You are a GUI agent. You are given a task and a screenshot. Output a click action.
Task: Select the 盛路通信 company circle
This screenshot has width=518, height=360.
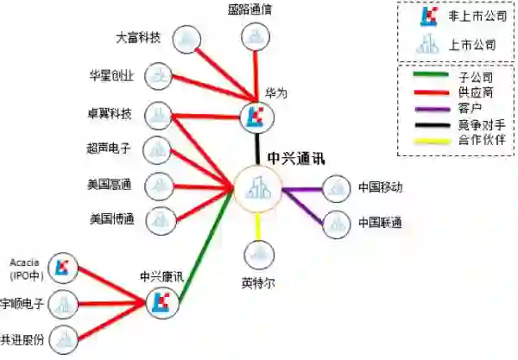coord(256,37)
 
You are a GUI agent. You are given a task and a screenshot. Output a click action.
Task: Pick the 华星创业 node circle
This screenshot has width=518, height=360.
coord(158,76)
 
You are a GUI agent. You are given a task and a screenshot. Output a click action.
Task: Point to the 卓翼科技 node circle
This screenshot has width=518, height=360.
coord(157,113)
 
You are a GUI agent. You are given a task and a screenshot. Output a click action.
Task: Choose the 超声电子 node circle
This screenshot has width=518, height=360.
coord(157,149)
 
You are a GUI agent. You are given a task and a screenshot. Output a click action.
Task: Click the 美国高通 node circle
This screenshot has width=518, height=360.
coord(158,184)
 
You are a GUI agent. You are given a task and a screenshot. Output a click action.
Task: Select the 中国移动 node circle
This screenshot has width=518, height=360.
coord(336,188)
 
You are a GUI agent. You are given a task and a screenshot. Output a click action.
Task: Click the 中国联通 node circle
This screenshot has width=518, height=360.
coord(336,224)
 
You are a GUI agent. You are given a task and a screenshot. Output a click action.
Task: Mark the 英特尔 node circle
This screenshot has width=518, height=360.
coord(258,255)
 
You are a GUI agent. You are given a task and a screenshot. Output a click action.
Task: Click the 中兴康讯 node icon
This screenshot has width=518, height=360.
coord(161,301)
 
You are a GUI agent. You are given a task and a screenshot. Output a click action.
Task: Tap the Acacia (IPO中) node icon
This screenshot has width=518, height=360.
coord(61,268)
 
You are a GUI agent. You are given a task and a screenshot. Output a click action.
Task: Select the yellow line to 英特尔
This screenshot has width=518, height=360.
coord(258,224)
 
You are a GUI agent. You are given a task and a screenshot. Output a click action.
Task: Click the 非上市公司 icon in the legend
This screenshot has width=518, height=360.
coord(426,16)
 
